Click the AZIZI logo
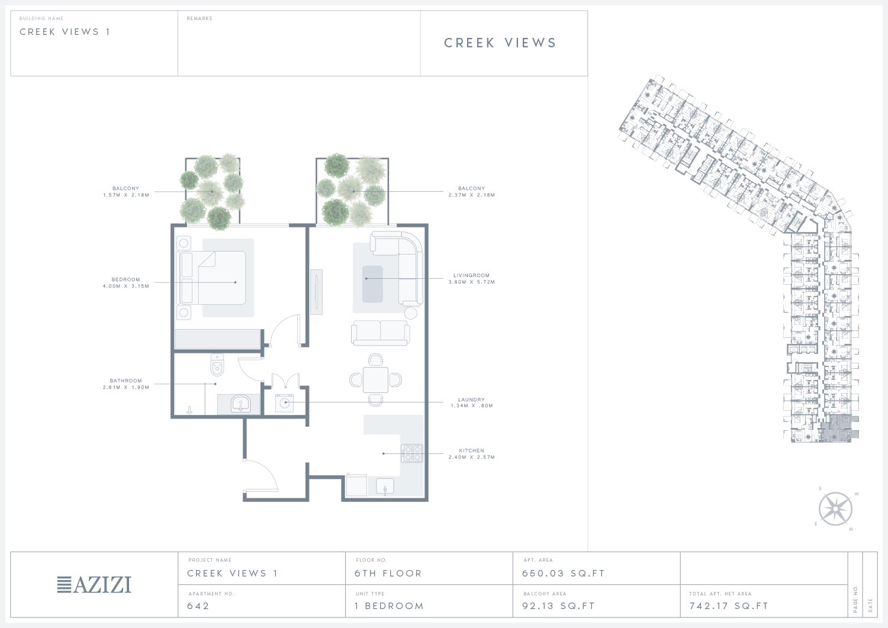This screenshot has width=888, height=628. pos(94,584)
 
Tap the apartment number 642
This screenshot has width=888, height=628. pos(198,606)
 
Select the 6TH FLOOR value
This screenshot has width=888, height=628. pos(388,574)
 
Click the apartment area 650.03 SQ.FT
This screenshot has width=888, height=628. pos(564,574)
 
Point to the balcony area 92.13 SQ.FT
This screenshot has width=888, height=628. pos(559,606)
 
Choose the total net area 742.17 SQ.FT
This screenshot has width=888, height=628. pos(729,606)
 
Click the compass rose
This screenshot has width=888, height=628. pos(835,509)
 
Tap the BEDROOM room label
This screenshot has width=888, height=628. pos(126,279)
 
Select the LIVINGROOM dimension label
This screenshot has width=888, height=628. pos(472,282)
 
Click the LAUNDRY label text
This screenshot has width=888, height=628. pos(471,400)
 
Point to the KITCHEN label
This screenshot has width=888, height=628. pos(471,450)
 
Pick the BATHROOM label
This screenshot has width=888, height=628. pos(126,381)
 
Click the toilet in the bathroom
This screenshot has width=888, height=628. pos(217,365)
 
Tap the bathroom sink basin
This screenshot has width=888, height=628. pos(240,404)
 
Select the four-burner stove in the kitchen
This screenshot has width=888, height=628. pos(412,453)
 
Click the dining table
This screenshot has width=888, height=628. pos(375,380)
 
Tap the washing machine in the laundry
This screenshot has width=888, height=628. pos(284,403)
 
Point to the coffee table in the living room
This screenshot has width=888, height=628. pos(372,284)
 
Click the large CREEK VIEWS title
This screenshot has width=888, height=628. pos(500,43)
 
